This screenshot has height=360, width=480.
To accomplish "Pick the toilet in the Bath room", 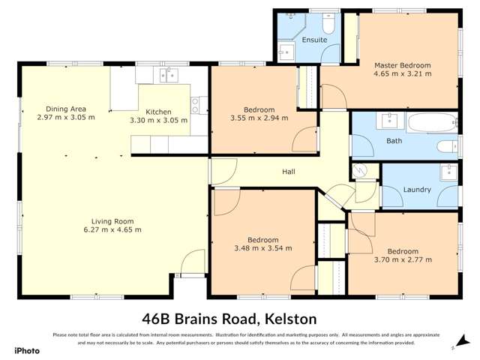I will [x=445, y=147].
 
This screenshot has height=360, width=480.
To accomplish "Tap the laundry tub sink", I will [x=448, y=172].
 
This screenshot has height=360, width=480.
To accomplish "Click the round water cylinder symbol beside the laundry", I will [x=361, y=171].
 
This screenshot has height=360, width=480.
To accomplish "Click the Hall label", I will [x=288, y=172].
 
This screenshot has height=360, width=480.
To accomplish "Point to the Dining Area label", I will [x=66, y=109].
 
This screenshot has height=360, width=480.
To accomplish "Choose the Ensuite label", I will [x=313, y=40].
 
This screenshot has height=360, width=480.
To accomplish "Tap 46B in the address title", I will [x=160, y=318].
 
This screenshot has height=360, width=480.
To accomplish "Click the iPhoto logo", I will [x=25, y=349].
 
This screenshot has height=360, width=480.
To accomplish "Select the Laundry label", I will [x=417, y=190].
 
